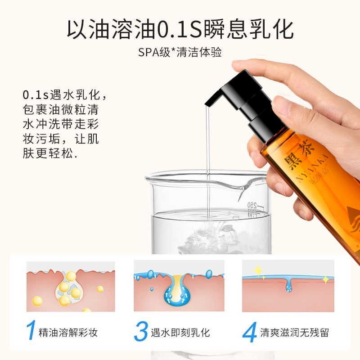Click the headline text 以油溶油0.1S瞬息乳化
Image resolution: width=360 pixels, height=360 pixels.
(180, 29)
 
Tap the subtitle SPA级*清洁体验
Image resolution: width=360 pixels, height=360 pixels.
(180, 52)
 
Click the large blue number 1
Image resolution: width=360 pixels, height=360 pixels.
(31, 331)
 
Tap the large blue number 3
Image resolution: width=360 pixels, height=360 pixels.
(141, 332)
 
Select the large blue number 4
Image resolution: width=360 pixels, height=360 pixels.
(249, 332)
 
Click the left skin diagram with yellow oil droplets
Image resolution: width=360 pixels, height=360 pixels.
(71, 285)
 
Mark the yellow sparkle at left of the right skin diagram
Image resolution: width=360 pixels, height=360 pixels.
(258, 270)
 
